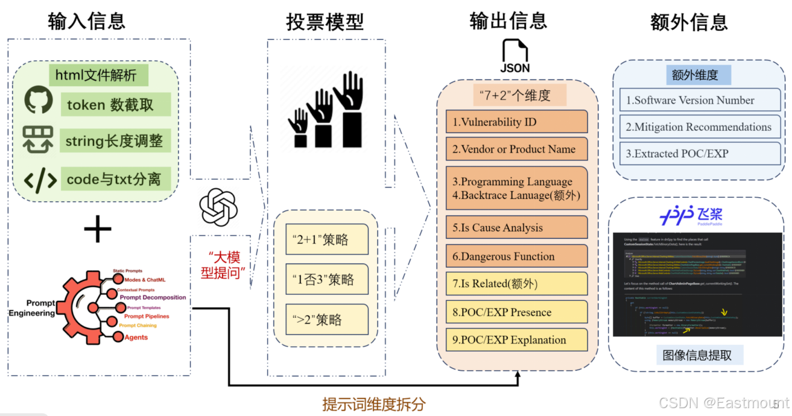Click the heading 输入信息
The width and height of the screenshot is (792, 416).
87,21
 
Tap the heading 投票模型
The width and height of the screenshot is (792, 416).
325,22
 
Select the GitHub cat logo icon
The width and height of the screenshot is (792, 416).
39,101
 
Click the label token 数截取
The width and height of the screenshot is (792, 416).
110,105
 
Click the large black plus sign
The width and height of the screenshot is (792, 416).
98,230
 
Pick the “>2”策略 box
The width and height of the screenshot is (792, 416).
327,320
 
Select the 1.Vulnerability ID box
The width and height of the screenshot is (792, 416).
516,122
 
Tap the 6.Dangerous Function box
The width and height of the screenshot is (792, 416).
516,256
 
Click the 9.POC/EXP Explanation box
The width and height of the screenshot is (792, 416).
516,339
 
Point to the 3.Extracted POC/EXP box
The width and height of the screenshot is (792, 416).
700,154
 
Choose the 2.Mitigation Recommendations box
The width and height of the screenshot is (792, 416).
700,127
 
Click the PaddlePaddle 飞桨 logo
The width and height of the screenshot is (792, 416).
691,215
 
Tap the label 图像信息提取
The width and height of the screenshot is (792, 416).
697,355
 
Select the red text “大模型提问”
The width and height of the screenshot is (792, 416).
221,263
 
